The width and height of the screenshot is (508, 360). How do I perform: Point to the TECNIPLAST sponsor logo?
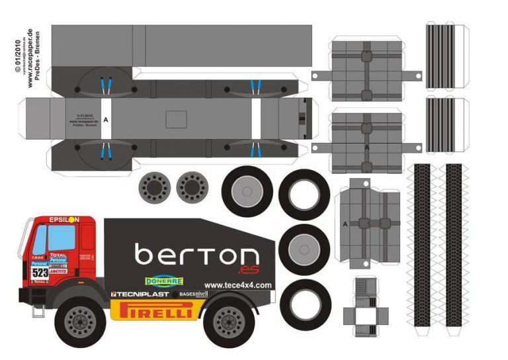[x=140, y=293]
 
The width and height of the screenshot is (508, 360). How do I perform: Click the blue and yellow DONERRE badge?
[x=163, y=281]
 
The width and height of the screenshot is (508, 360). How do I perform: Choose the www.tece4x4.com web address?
[x=237, y=285]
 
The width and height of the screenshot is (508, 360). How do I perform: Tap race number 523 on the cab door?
[x=40, y=272]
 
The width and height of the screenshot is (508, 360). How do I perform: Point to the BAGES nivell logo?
[x=191, y=293]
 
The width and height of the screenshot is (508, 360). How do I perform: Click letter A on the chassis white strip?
[x=106, y=120]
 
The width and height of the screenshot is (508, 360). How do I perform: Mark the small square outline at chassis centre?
[x=177, y=120]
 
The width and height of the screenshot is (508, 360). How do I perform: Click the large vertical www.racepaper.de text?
[x=30, y=58]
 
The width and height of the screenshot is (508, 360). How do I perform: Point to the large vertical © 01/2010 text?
[x=15, y=56]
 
